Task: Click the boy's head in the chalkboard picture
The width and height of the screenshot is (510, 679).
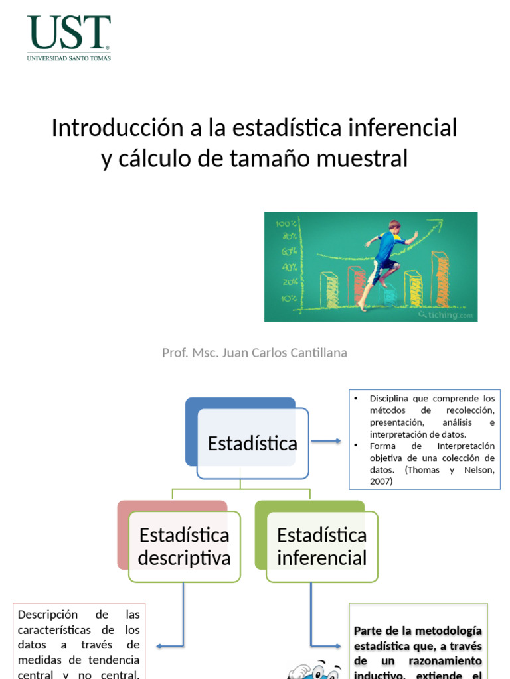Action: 394,226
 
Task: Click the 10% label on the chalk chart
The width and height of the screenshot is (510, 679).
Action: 289,298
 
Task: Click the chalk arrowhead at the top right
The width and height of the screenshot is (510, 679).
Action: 415,233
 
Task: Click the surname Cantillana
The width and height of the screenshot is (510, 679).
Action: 319,353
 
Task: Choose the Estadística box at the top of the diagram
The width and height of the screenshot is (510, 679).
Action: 252,443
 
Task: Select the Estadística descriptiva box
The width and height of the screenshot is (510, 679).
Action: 184,546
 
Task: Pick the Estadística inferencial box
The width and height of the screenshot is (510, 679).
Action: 321,546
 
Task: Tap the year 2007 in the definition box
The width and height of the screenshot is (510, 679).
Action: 381,482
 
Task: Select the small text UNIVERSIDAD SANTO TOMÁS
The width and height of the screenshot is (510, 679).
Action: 68,58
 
